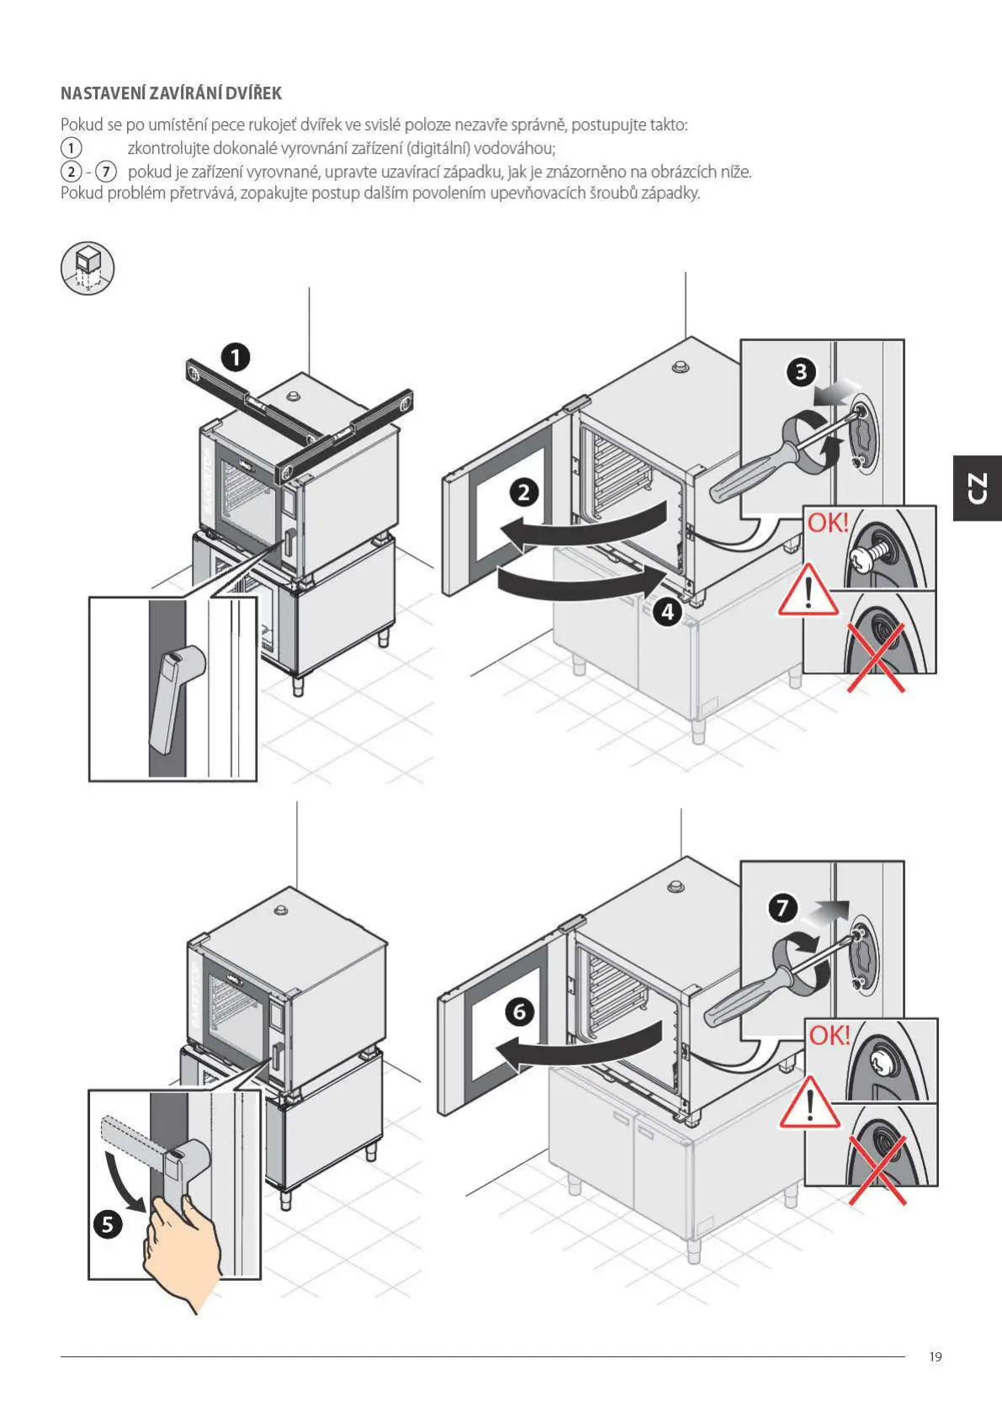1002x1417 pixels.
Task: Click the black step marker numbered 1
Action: pos(236,358)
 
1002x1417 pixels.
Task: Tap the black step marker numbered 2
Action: pos(524,491)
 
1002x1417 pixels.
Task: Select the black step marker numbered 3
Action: pos(801,371)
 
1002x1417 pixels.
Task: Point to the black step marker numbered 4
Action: pos(667,612)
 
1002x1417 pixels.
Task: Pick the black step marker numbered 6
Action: pos(519,1011)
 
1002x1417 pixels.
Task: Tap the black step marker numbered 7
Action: pos(783,908)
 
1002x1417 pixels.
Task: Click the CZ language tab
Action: pos(977,488)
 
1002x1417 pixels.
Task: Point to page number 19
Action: pos(936,1356)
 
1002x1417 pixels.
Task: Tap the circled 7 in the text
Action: pos(105,172)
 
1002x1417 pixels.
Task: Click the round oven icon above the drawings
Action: pos(87,269)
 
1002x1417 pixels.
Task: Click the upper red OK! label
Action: pos(828,523)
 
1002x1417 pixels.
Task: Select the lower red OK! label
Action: pos(830,1035)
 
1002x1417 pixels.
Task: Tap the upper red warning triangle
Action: pos(808,592)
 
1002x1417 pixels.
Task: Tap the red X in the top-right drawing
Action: pos(875,657)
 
